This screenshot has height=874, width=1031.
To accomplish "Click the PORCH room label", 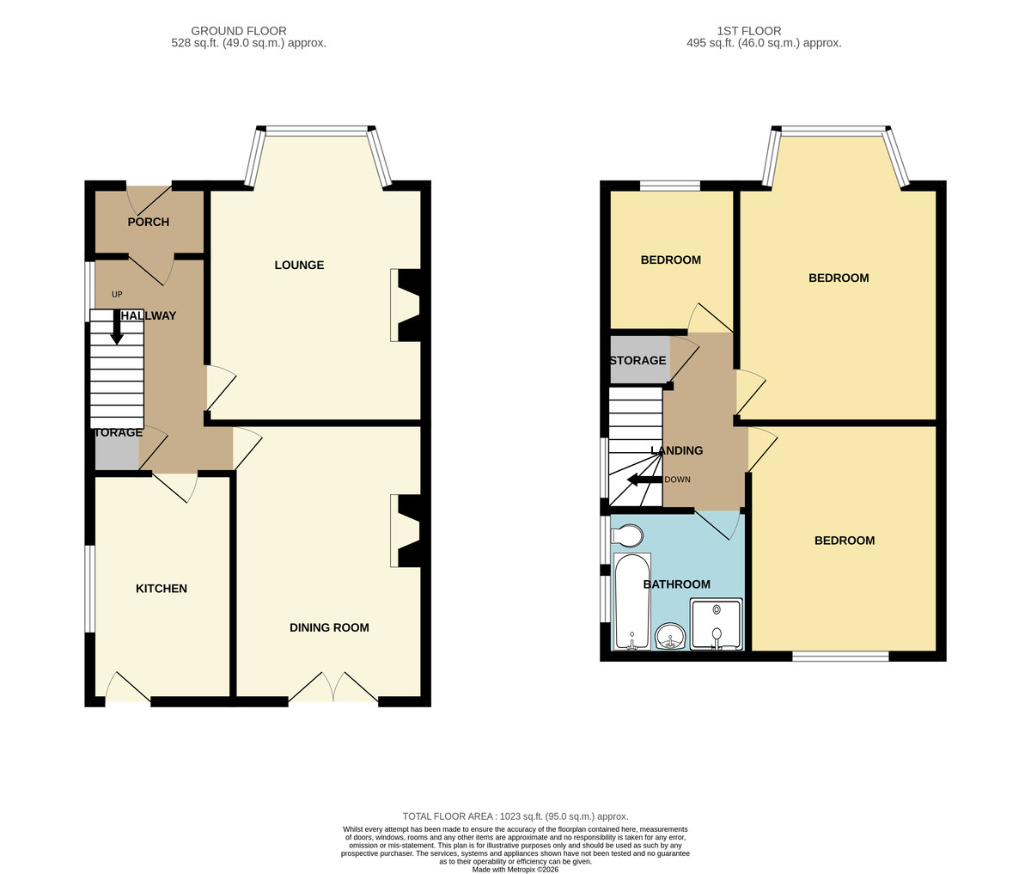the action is click(x=148, y=222).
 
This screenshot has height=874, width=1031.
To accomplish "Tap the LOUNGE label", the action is click(x=299, y=265).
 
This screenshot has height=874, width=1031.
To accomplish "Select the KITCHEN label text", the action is click(x=162, y=589).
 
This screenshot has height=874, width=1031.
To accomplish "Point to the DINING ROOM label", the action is click(x=329, y=627).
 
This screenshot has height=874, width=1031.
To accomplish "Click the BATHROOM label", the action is click(x=676, y=584).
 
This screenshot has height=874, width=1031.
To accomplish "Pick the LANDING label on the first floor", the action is click(x=677, y=450).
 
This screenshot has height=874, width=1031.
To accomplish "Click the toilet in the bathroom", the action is click(x=627, y=536).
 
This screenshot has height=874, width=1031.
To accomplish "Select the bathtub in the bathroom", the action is click(x=632, y=602).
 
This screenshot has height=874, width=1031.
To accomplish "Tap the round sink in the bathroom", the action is click(x=671, y=637).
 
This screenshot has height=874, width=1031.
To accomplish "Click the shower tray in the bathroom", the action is click(x=717, y=624).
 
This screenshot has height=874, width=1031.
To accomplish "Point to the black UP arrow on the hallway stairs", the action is click(x=117, y=327).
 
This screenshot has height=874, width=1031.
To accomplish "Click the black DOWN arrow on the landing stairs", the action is click(x=645, y=480).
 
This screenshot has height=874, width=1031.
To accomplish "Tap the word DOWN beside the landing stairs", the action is click(x=677, y=480).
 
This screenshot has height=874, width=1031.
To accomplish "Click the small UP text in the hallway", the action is click(x=117, y=294).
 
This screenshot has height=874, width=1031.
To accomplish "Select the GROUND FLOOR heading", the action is click(x=239, y=31).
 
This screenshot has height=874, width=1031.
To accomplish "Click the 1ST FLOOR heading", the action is click(x=749, y=31).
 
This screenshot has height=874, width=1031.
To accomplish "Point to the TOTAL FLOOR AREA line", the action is click(x=515, y=816).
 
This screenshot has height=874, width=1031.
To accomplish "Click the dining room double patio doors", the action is click(x=332, y=688).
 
